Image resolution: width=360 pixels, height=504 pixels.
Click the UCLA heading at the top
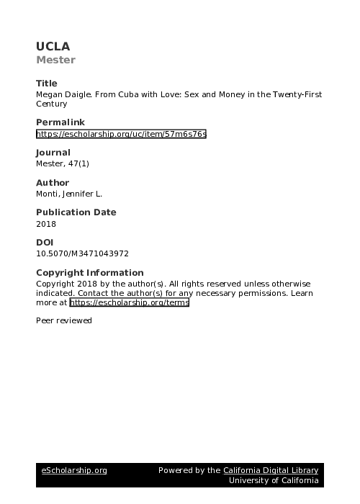(x=53, y=47)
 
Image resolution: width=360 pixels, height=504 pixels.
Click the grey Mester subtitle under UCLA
(x=55, y=60)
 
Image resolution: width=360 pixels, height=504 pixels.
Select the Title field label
(x=46, y=84)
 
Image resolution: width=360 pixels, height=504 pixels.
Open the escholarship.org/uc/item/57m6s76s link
(x=121, y=133)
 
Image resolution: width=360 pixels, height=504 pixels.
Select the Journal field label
(x=53, y=153)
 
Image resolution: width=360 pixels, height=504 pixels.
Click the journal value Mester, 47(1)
(x=62, y=163)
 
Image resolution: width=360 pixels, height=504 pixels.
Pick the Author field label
(x=52, y=183)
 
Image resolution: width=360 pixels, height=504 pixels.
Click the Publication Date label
(x=76, y=212)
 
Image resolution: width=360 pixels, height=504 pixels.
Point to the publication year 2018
(x=45, y=223)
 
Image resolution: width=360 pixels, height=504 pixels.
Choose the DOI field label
(x=44, y=243)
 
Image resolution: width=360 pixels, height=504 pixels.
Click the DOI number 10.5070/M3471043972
(x=82, y=253)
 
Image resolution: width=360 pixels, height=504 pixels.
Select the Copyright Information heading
(x=89, y=273)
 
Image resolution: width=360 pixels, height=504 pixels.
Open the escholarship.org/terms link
(x=129, y=303)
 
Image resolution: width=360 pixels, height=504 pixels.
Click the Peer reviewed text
(x=64, y=320)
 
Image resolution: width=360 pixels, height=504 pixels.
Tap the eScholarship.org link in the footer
(x=74, y=470)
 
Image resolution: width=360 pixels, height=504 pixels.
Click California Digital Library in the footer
(x=270, y=470)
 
